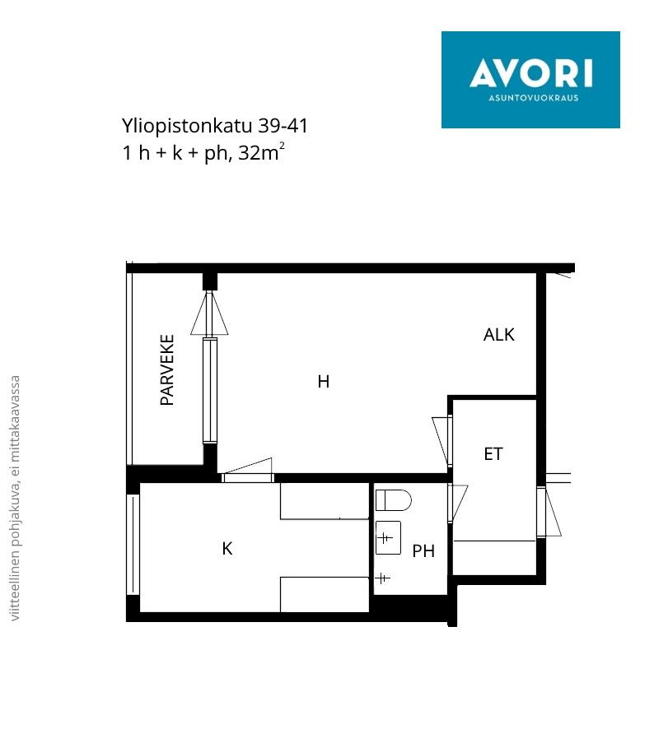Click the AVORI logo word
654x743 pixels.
[530, 73]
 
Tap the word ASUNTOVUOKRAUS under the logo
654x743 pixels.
[533, 98]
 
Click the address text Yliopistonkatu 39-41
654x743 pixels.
[215, 127]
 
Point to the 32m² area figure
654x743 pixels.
[261, 152]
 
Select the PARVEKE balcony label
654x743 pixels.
[167, 370]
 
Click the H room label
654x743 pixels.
[324, 382]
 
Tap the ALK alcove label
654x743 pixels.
[498, 335]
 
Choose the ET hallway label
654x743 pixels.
[493, 454]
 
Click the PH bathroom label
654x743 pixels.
[423, 551]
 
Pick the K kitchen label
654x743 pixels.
[227, 549]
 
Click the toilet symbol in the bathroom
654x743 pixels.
[393, 500]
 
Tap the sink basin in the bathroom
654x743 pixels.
[388, 538]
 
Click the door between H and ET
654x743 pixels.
[442, 440]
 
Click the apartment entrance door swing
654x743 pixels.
[549, 512]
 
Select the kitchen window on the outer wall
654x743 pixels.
[134, 545]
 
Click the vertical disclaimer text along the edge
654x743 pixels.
[15, 498]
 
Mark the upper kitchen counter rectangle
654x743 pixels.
[325, 501]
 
